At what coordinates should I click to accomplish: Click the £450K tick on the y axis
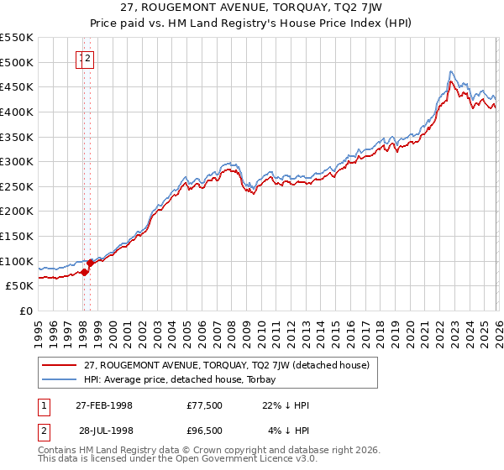[x=17, y=87]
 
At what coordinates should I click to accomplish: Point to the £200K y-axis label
[x=17, y=211]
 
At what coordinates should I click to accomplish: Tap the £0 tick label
[x=26, y=311]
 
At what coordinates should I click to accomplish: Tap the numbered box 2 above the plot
[x=88, y=59]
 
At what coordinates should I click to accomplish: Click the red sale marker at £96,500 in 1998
[x=90, y=263]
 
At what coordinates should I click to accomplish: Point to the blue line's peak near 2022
[x=451, y=72]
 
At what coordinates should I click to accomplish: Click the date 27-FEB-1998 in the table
[x=104, y=405]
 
